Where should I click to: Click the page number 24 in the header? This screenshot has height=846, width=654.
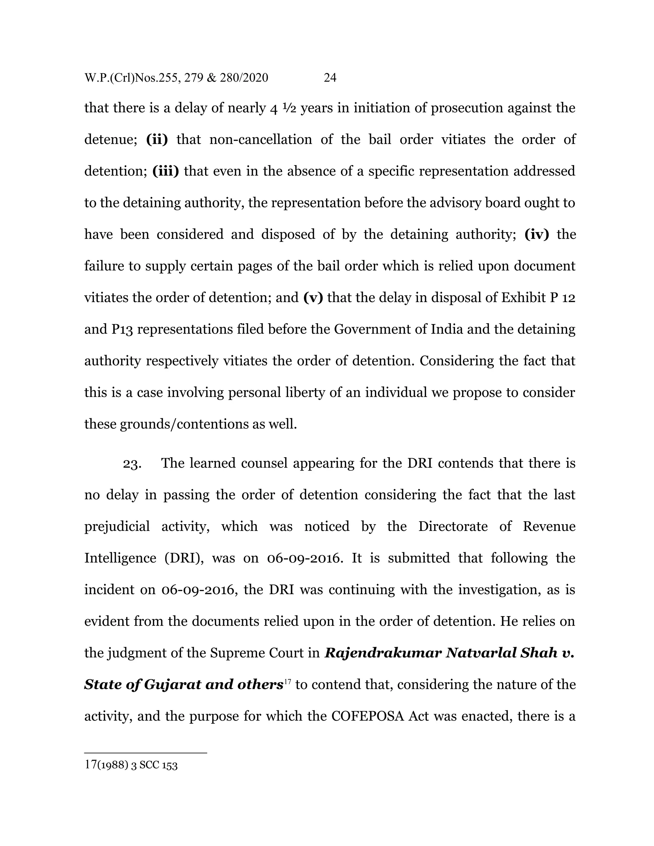pos(330,78)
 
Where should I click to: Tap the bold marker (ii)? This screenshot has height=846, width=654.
pos(157,140)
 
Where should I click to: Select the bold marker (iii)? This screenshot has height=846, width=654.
pos(166,171)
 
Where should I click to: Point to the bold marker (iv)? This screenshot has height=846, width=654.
pos(536,234)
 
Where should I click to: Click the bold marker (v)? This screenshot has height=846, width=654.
pos(313,298)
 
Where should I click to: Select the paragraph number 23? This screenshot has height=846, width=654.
pos(132,463)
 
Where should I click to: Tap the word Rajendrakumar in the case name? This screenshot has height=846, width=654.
pos(383,653)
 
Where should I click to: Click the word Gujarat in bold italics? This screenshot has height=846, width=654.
pos(172,685)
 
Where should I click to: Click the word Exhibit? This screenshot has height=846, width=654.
pos(523,298)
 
